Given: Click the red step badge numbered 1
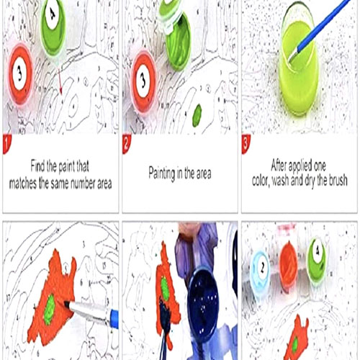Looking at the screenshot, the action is pyautogui.click(x=6, y=143).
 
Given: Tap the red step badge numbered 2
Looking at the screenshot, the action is pyautogui.click(x=126, y=143).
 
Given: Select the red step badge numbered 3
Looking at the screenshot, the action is pyautogui.click(x=246, y=143).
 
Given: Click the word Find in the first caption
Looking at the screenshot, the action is pyautogui.click(x=37, y=166).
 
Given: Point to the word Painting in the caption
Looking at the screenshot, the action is pyautogui.click(x=162, y=174).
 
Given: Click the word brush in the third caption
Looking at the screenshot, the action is pyautogui.click(x=338, y=180).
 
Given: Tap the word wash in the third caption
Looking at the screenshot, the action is pyautogui.click(x=281, y=181).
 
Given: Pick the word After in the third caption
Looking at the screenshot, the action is pyautogui.click(x=279, y=165).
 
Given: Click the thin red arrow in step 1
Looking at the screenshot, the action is pyautogui.click(x=60, y=81).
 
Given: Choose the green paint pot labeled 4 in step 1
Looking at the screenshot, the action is pyautogui.click(x=53, y=27).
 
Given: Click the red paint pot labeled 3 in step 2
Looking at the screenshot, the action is pyautogui.click(x=143, y=81).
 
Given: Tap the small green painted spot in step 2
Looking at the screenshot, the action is pyautogui.click(x=197, y=115).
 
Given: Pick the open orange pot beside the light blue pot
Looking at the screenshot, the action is pyautogui.click(x=288, y=266).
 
